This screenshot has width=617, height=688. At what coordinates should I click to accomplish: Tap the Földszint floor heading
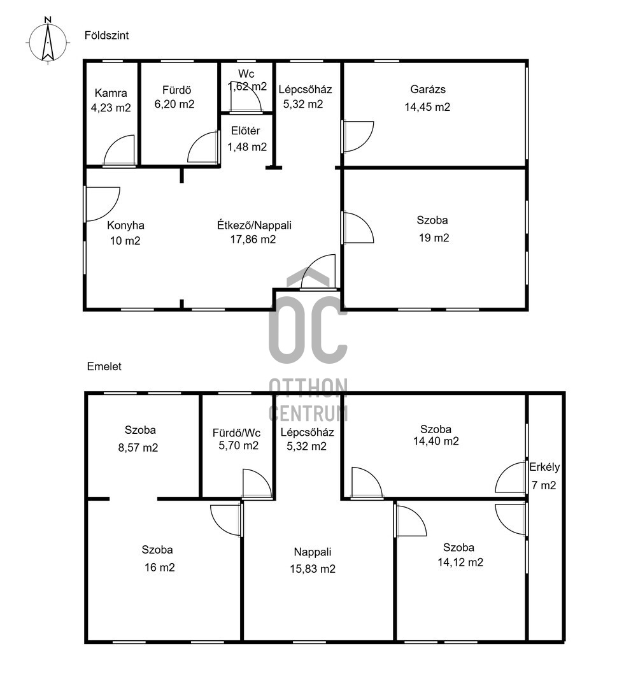click(106, 36)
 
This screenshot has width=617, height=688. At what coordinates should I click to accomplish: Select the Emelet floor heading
click(104, 366)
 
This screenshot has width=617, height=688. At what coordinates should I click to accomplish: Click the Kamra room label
click(111, 93)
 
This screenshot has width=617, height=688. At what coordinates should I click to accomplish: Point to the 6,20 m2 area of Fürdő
click(174, 104)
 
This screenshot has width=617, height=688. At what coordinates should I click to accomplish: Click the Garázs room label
click(428, 90)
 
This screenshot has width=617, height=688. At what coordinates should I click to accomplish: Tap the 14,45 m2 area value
click(427, 107)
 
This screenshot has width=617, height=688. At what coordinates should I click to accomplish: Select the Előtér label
click(246, 131)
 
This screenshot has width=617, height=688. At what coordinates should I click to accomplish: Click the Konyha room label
click(125, 226)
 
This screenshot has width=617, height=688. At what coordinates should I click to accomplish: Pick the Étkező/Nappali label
click(254, 226)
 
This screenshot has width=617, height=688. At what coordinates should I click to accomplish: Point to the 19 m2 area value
click(434, 238)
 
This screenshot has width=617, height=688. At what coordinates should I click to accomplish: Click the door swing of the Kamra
click(119, 150)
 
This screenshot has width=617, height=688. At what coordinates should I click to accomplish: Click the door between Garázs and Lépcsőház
click(357, 136)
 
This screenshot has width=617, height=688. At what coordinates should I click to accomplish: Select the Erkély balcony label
click(544, 468)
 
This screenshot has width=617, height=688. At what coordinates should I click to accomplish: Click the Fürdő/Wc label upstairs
click(236, 433)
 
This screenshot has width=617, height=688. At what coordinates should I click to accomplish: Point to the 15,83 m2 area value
click(313, 569)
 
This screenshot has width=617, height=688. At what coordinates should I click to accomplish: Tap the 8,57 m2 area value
click(138, 448)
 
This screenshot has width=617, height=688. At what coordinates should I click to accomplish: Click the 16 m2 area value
click(160, 568)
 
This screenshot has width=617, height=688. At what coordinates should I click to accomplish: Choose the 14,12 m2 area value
click(460, 563)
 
